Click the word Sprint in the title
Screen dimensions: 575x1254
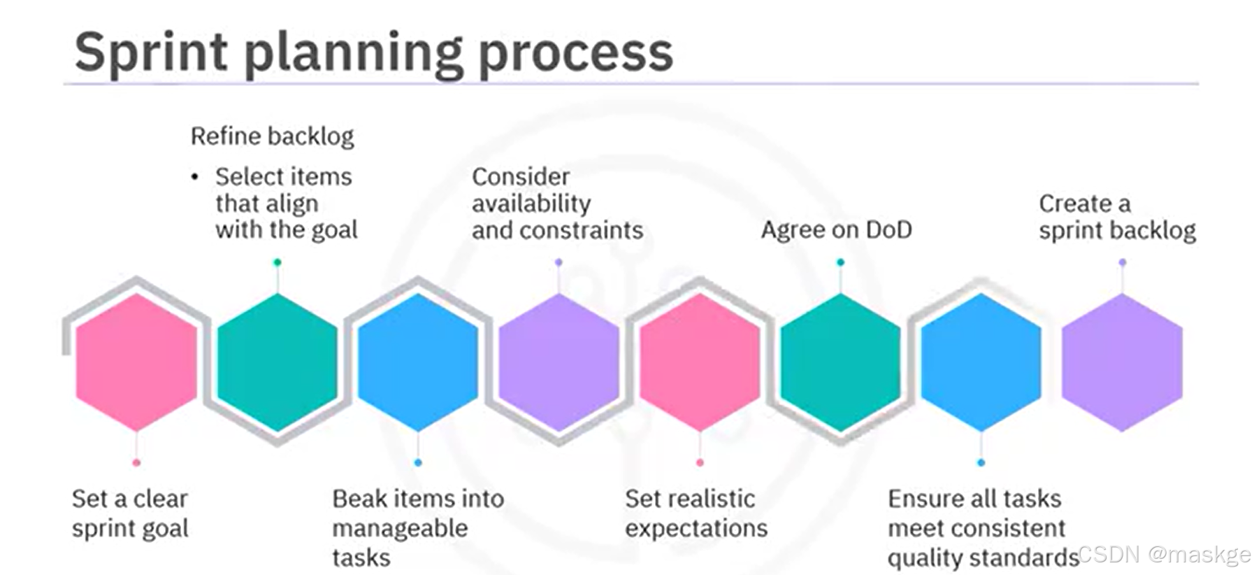151,52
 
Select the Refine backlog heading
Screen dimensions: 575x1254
272,136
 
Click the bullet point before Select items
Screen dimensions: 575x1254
195,177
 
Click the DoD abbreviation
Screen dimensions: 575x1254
888,229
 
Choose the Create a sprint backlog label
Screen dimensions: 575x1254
1116,217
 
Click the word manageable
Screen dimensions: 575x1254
400,528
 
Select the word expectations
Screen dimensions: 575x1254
696,528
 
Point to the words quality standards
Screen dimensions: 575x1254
983,558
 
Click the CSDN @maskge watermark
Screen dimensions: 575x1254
1164,554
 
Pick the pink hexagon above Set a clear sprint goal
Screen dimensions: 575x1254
136,362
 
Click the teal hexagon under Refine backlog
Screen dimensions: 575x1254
278,362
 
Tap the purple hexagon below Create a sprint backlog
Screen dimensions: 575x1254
1122,362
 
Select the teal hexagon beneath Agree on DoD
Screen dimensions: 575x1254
840,362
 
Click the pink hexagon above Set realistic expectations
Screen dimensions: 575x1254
700,362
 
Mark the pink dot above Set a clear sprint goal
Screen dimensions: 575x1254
136,462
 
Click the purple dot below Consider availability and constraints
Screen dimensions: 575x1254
558,262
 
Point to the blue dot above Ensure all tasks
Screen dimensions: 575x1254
981,462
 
